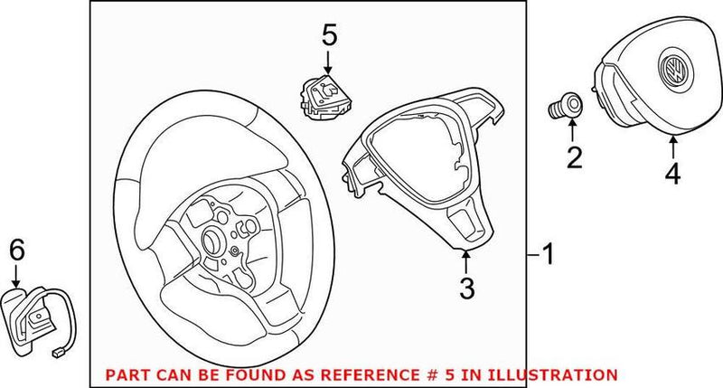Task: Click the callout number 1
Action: pos(549,256)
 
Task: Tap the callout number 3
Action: pos(465,289)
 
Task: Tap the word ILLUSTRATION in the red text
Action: pos(559,374)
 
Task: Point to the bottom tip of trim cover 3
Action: pos(465,247)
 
